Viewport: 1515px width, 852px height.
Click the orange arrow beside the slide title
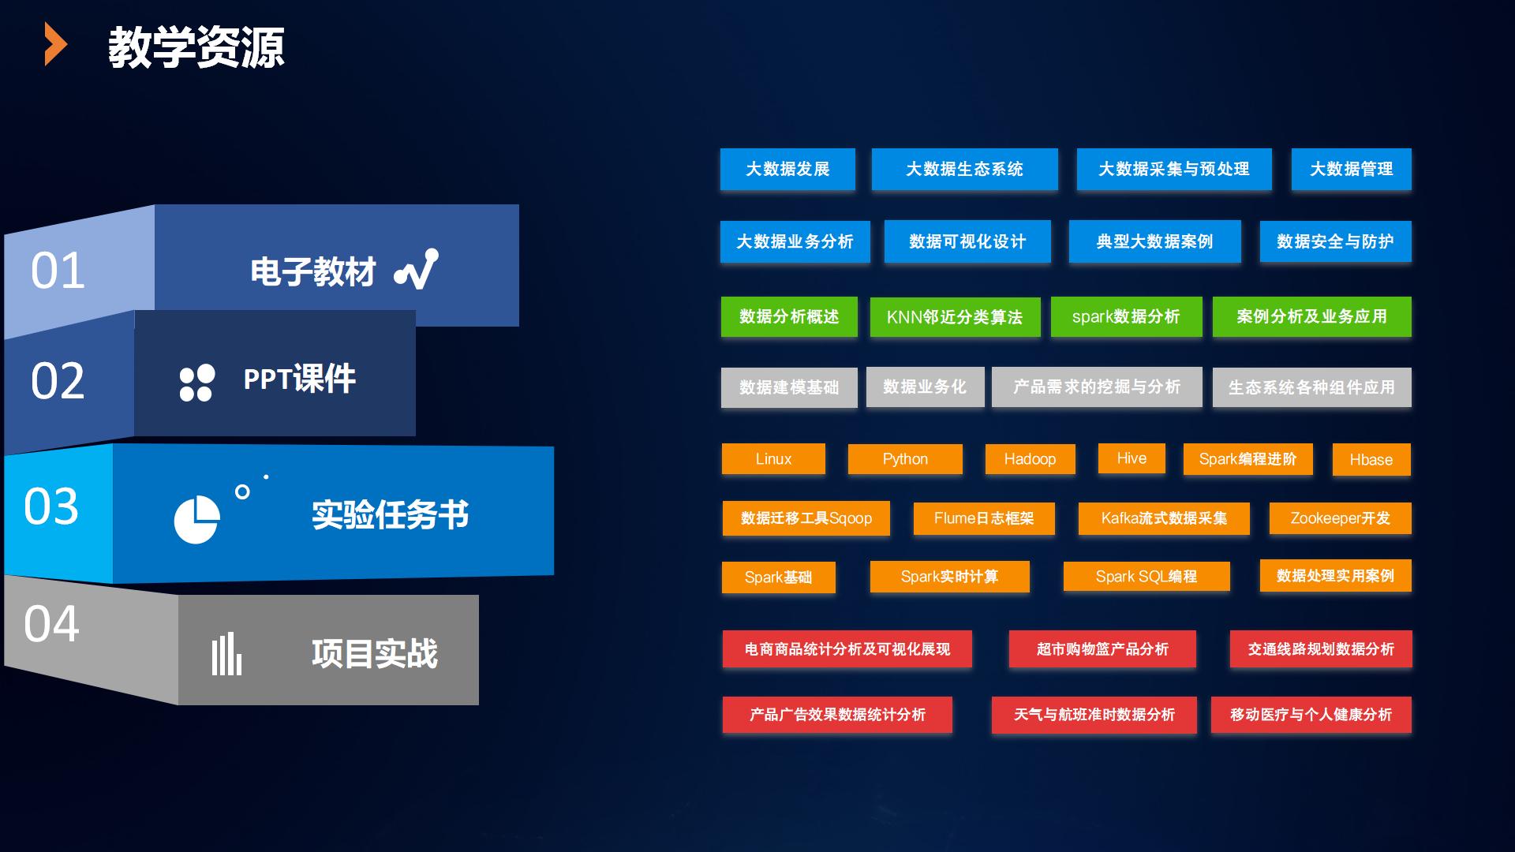(x=55, y=44)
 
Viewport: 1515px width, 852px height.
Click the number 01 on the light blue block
(x=58, y=271)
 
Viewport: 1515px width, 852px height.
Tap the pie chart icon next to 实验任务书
(x=196, y=520)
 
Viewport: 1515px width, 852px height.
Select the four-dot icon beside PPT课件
(x=196, y=383)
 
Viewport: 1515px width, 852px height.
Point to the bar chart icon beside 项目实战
(x=226, y=654)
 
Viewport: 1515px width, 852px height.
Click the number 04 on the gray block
(x=51, y=624)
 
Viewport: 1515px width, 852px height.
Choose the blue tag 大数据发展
(x=787, y=169)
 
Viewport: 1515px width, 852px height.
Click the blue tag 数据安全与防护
(x=1335, y=241)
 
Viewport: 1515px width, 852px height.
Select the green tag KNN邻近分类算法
(x=955, y=317)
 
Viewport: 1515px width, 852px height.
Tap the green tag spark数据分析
(x=1126, y=316)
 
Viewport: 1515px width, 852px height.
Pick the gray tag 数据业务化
(x=925, y=387)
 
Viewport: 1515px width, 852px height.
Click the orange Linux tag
(x=773, y=459)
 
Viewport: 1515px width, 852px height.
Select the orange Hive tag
(x=1132, y=458)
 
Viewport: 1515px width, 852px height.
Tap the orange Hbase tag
(x=1371, y=460)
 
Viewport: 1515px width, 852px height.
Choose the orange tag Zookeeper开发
(x=1340, y=518)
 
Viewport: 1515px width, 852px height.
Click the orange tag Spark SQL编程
(x=1147, y=577)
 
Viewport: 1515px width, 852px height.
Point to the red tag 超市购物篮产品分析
(x=1102, y=649)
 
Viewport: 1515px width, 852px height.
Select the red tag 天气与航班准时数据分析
(x=1094, y=715)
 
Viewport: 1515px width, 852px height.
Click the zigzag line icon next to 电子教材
(x=417, y=269)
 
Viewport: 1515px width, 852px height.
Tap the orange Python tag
(x=905, y=459)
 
